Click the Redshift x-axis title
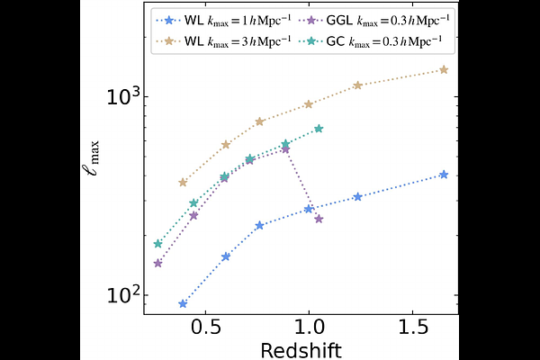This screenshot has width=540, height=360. point(301,348)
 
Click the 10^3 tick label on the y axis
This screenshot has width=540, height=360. point(120,96)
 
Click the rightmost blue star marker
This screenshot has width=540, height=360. point(444,175)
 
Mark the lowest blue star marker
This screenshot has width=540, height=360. point(183,304)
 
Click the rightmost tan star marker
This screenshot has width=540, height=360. point(444,69)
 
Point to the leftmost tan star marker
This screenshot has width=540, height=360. point(183,182)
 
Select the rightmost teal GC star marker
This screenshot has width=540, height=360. point(319,129)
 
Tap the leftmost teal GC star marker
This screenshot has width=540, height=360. point(157,244)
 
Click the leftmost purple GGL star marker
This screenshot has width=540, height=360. point(157,264)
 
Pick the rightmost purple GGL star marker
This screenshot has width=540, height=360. point(319,219)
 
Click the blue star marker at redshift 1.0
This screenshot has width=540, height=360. point(309,209)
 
